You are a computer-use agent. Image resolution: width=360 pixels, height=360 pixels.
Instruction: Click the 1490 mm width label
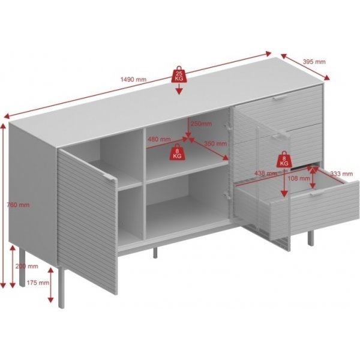pos(133,79)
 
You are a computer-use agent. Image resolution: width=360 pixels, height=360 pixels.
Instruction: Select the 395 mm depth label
pos(314,62)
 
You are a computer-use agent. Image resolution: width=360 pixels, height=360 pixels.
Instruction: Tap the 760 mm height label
pos(18,205)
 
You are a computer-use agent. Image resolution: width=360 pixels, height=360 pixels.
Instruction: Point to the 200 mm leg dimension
pos(26,266)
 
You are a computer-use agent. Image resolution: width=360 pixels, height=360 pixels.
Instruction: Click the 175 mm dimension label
pos(38,283)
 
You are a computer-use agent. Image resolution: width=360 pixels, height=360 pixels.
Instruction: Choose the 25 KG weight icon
pos(179,74)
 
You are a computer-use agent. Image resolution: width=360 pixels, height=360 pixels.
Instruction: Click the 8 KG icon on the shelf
pos(177,152)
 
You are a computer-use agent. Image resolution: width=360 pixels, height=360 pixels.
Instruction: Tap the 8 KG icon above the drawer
pos(284,159)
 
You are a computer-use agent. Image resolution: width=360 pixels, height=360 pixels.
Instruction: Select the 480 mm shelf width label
pos(159,139)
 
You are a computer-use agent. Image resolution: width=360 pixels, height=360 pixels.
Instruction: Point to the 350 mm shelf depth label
pos(215,143)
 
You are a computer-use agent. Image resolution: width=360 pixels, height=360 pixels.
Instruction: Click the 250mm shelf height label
pos(202,124)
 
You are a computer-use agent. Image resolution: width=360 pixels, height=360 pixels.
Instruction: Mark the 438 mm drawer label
pos(266,173)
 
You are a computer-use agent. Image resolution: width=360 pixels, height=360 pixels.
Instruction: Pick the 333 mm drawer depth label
pos(341,174)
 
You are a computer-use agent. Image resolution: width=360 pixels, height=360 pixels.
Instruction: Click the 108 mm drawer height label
pos(299,178)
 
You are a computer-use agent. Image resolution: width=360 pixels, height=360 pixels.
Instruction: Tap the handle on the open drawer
pos(318,193)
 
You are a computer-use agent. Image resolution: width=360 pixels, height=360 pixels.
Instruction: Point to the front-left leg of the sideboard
pos(61,287)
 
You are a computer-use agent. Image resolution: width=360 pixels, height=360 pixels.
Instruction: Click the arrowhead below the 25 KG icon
pos(179,91)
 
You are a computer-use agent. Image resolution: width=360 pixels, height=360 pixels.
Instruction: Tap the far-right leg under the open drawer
pos(310,239)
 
